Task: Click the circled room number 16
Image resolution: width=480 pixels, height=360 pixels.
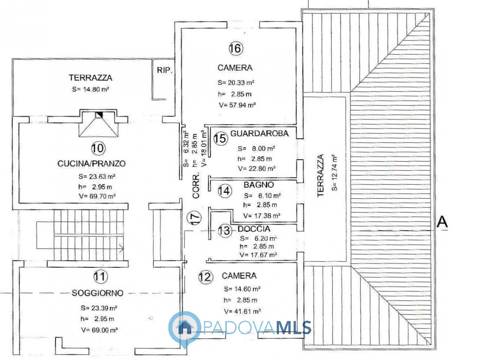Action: pos(236,48)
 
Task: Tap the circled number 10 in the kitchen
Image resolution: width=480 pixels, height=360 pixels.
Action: pos(98,148)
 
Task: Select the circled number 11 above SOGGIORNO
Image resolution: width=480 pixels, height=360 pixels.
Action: pos(101,276)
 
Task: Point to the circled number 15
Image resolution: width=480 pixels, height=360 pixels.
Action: pos(220,139)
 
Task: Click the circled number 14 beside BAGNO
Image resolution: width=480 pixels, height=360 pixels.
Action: pos(225,190)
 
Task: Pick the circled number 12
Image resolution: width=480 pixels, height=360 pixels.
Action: pos(205,277)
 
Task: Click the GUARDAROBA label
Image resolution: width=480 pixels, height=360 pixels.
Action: pos(259,133)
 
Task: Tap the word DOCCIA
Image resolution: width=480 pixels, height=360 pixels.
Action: pos(253,229)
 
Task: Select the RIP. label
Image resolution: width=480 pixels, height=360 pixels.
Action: pos(165,70)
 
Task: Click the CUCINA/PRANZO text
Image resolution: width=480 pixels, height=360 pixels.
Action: pos(91,163)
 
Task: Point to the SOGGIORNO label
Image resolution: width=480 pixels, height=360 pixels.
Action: pos(97,293)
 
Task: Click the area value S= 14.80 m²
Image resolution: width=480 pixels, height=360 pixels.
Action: pos(90,89)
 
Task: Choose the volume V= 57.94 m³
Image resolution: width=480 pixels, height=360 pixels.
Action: pos(237,105)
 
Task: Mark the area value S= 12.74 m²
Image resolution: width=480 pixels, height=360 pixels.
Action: pos(334,172)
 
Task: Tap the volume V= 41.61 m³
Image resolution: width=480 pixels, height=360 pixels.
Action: pos(242,311)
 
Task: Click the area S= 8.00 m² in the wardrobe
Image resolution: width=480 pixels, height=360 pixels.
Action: pos(256,148)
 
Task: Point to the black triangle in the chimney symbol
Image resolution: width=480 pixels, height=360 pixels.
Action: pos(100,114)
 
